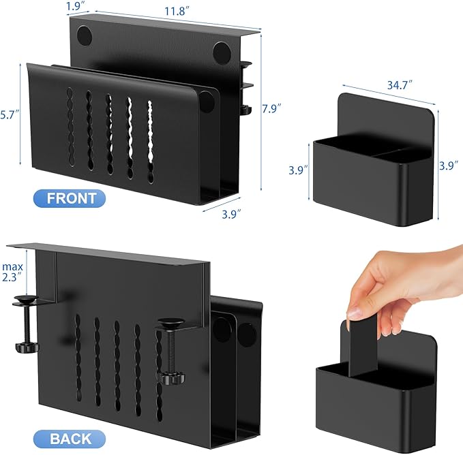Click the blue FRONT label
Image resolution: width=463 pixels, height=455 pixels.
click(x=70, y=198)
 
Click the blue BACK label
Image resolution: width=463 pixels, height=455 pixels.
click(x=70, y=439)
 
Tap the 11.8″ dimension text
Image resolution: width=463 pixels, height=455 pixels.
click(x=177, y=11)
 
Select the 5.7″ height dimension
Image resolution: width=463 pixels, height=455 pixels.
click(x=10, y=114)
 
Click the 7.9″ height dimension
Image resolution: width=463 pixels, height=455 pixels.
click(x=271, y=108)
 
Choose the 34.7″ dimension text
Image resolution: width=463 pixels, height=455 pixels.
click(x=400, y=85)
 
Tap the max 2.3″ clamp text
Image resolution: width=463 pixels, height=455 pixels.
click(x=12, y=272)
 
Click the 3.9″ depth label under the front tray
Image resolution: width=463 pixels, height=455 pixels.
click(x=232, y=214)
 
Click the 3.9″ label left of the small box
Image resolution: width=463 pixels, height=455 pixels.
click(x=298, y=170)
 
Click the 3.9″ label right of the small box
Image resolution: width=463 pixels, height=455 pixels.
click(x=449, y=166)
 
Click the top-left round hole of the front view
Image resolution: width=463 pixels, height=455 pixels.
click(x=85, y=35)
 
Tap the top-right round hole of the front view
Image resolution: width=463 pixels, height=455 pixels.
click(x=222, y=53)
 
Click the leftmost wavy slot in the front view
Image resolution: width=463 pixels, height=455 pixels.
click(x=70, y=127)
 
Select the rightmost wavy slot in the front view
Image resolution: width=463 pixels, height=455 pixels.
click(x=150, y=142)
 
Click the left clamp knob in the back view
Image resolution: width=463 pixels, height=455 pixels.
click(x=27, y=347)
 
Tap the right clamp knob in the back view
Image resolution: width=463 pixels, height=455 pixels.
click(x=171, y=378)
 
